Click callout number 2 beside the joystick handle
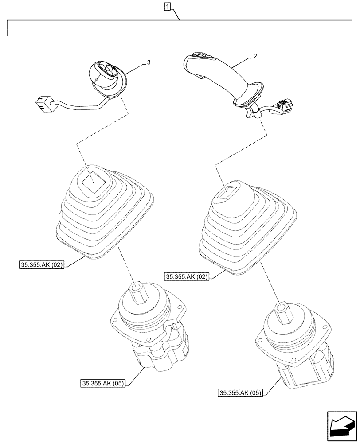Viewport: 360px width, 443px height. coord(255,56)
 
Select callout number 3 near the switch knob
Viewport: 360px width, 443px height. coord(148,62)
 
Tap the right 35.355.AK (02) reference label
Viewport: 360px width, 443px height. coord(187,277)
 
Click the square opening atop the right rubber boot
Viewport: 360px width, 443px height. coord(231,191)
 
